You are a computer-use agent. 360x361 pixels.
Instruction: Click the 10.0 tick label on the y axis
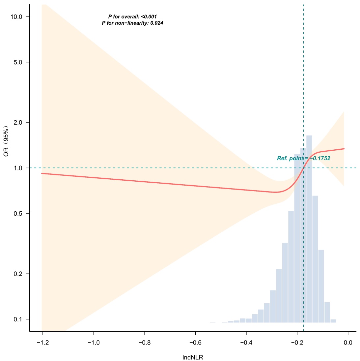(x=16, y=17)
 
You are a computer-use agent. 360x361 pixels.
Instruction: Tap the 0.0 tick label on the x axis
(x=348, y=343)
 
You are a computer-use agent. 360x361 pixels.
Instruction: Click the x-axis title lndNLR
(x=193, y=357)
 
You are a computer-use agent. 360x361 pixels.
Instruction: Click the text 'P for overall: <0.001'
(x=132, y=16)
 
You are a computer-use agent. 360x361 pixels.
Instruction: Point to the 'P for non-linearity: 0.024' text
(x=132, y=23)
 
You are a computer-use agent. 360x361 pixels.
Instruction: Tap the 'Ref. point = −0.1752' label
(x=304, y=158)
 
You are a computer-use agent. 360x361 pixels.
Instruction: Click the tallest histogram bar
(x=309, y=231)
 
